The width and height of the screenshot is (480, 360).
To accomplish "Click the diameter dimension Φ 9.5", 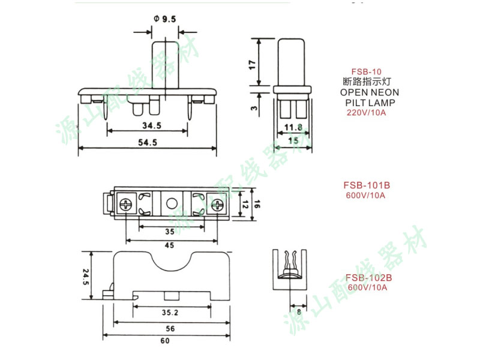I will (164, 20).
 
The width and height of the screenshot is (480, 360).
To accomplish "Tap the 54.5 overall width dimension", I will (147, 142).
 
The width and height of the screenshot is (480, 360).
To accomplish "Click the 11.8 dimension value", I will (293, 127).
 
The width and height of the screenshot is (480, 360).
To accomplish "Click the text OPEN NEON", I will (369, 93).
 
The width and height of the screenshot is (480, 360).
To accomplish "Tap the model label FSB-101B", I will (367, 185).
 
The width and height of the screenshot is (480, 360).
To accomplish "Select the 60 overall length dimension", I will (164, 341).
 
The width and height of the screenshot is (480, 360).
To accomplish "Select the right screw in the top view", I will (215, 203).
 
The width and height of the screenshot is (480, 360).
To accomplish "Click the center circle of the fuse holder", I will (172, 203).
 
